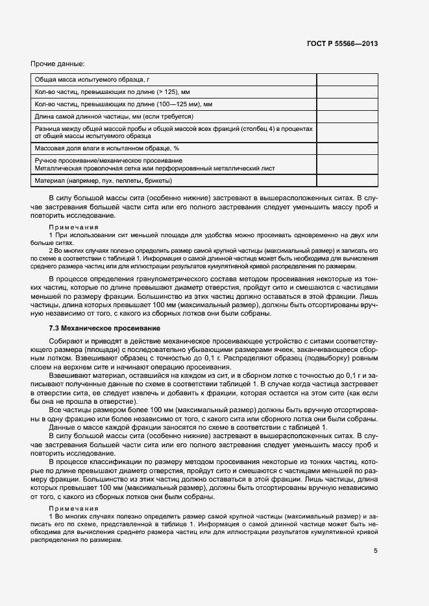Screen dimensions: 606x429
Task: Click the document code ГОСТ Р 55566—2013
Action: pyautogui.click(x=342, y=44)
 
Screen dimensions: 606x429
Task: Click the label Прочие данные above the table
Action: pyautogui.click(x=57, y=64)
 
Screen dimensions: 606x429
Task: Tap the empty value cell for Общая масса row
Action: pyautogui.click(x=347, y=78)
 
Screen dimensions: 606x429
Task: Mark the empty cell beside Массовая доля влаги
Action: pyautogui.click(x=347, y=149)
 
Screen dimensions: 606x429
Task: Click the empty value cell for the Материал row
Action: pyautogui.click(x=347, y=180)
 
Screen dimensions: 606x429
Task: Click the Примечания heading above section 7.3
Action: pyautogui.click(x=73, y=227)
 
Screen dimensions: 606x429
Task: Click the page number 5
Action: pyautogui.click(x=375, y=551)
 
